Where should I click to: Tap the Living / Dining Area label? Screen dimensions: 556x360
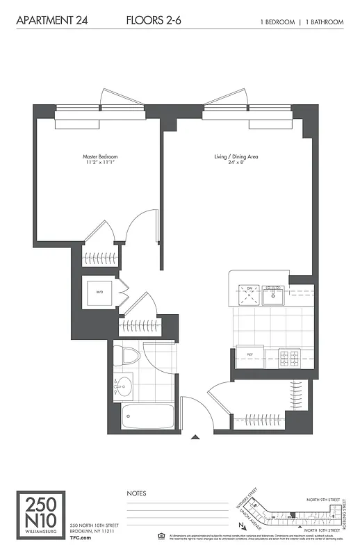click(x=236, y=157)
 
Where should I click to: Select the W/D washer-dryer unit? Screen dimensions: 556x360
click(x=99, y=293)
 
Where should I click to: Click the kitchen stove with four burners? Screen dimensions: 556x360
click(x=288, y=359)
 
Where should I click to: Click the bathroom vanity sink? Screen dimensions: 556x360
click(x=124, y=384)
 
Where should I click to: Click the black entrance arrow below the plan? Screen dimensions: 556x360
click(x=195, y=437)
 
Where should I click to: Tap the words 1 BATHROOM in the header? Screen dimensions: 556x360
click(x=323, y=22)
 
